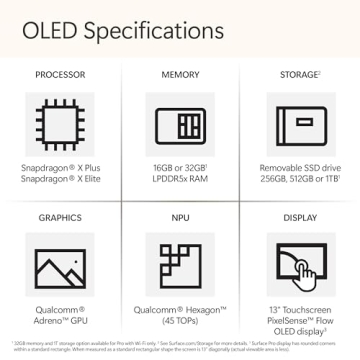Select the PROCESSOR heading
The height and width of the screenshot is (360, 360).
point(59,75)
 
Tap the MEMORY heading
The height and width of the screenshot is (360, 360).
point(180,75)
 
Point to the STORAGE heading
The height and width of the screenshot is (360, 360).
point(299,75)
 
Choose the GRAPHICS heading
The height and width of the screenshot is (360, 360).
point(59,217)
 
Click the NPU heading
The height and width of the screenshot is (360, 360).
point(180,217)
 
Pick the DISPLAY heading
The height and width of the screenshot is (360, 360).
point(300,217)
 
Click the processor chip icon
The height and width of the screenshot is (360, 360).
point(59,126)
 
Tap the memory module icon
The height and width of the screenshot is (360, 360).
point(180,126)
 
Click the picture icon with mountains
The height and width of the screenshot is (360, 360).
point(59,267)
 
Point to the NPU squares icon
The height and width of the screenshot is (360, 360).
point(180,267)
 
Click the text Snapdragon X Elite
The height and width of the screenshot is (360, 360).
point(59,179)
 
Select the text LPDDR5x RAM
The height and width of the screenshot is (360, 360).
point(180,179)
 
